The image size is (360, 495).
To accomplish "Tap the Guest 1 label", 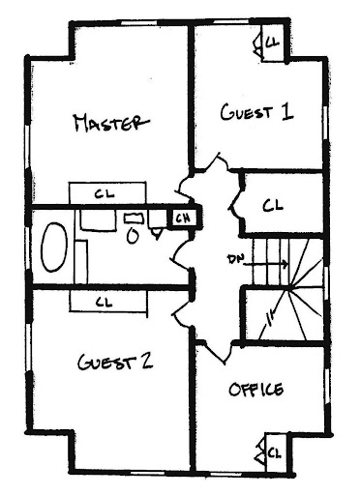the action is [256, 112].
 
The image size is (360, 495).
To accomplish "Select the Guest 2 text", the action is [115, 362].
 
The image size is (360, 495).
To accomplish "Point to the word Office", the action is [256, 390].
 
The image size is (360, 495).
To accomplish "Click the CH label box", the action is [184, 218].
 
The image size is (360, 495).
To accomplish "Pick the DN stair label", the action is [236, 259].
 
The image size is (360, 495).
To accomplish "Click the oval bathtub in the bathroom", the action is [54, 247].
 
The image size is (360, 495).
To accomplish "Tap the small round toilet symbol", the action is [133, 237].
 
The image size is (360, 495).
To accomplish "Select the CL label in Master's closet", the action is [105, 194].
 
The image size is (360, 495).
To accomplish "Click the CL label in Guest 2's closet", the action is [105, 302].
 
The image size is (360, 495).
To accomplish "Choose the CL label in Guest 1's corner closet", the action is [272, 42].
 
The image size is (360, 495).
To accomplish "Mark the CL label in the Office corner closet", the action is [275, 452].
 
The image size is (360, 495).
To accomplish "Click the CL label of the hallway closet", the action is [273, 205].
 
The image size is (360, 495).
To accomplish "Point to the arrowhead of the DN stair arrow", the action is [285, 264].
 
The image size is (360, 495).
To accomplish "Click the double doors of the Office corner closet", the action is [260, 452].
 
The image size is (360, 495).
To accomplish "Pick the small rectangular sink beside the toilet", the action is [135, 218].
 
